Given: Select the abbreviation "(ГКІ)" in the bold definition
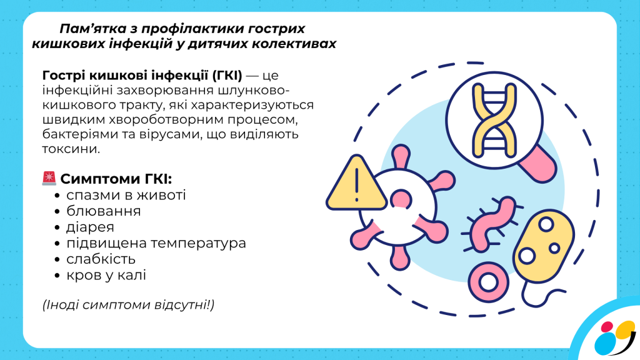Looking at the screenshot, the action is click(227, 76).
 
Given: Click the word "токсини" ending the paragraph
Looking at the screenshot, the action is click(70, 149).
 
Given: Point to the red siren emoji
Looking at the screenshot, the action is click(49, 178).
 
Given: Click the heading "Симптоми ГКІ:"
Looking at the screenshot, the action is click(116, 179).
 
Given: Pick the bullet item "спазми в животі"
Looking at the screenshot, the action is click(126, 195).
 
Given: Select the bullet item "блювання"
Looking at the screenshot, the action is click(103, 211).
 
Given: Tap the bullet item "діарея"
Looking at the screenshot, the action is click(90, 227).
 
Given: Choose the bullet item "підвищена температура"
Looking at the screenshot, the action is click(156, 243).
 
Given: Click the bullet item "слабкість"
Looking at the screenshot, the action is click(101, 259).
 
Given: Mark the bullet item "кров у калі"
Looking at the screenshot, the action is click(106, 275).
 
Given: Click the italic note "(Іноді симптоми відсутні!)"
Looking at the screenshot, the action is click(128, 305).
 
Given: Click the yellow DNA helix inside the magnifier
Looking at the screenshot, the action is click(494, 121).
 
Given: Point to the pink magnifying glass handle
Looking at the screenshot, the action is click(539, 164).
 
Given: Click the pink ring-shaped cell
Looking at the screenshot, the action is click(488, 282).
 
